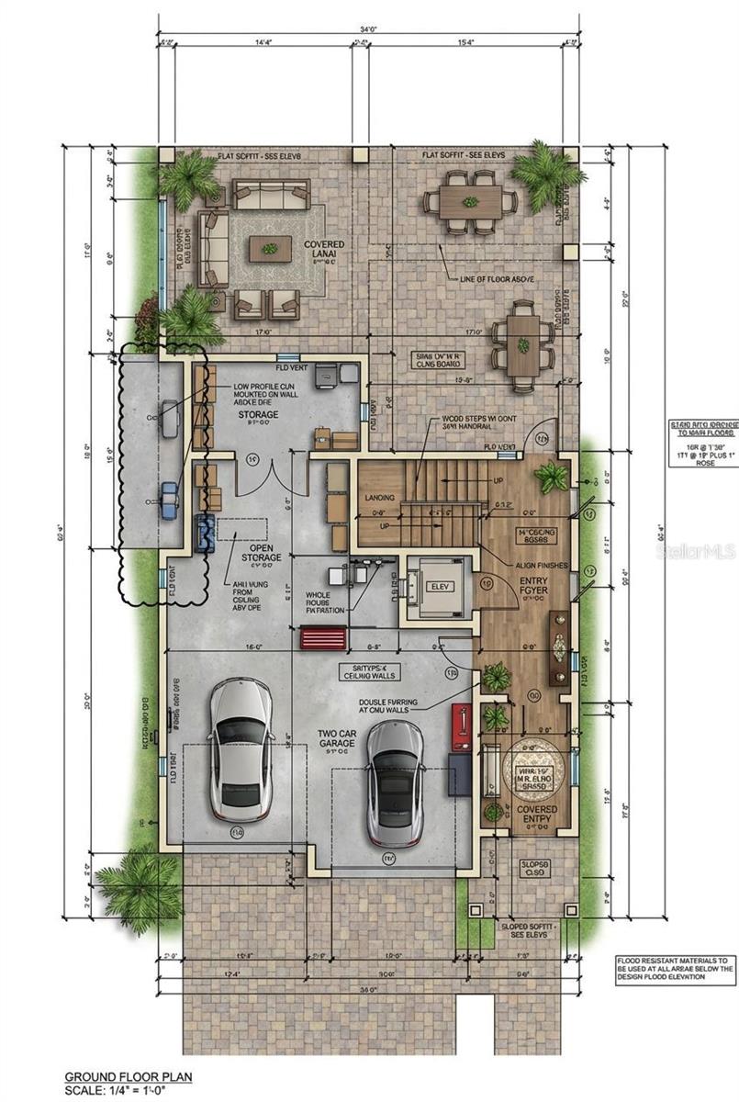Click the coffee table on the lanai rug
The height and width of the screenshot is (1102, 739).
click(270, 248)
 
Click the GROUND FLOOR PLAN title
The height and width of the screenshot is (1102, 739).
click(128, 1075)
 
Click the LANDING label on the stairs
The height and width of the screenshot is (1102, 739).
click(379, 498)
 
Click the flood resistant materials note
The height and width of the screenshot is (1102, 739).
click(675, 968)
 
